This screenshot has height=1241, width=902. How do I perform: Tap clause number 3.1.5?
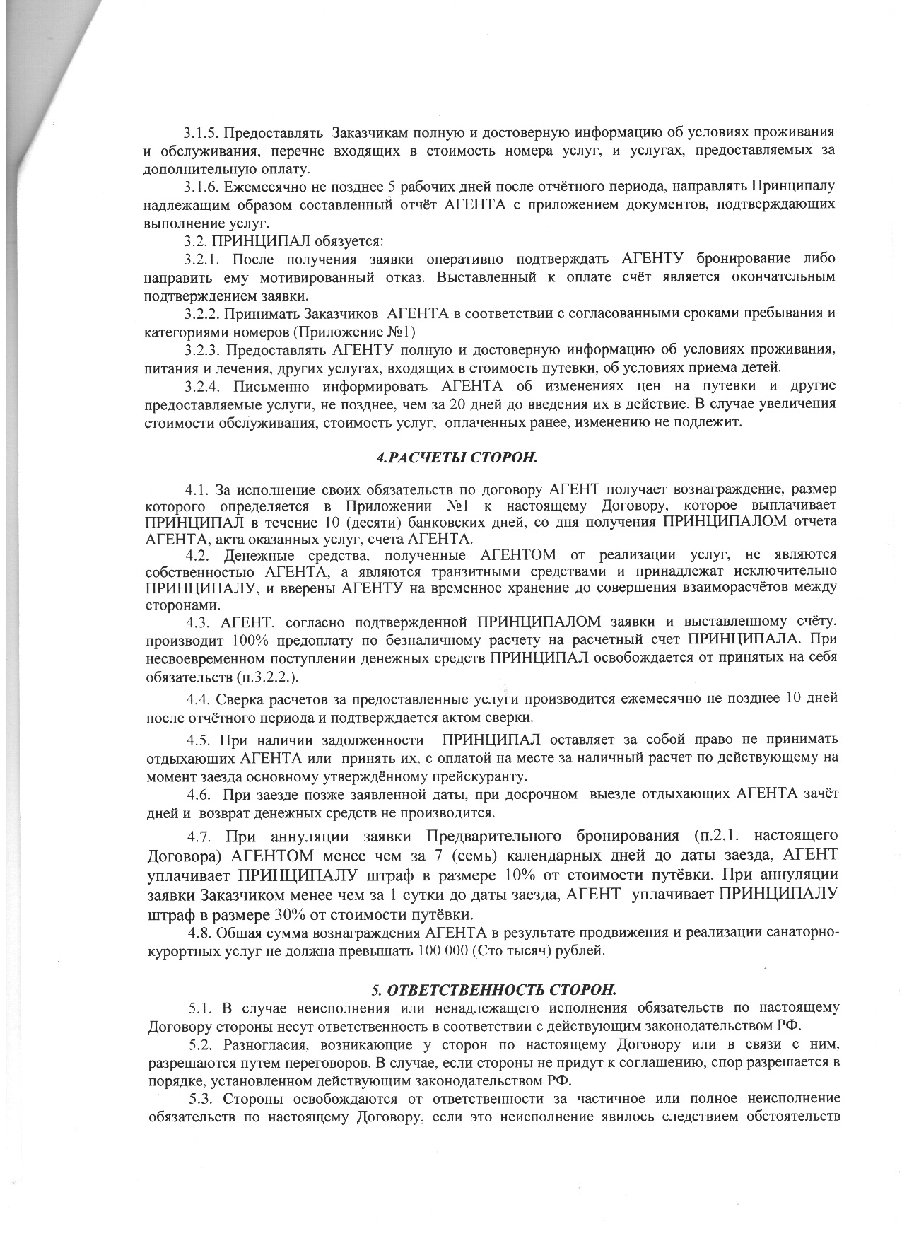tap(201, 132)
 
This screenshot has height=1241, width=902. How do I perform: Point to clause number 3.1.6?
tap(201, 187)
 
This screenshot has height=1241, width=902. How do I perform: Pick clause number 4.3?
tap(199, 622)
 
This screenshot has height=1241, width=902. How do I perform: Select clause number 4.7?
tap(201, 837)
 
